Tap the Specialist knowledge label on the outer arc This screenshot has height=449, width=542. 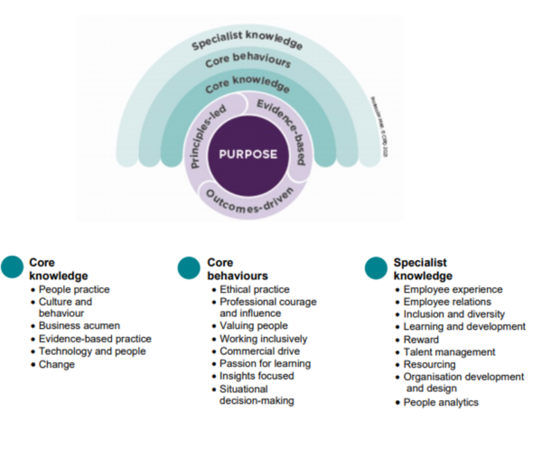coord(247,37)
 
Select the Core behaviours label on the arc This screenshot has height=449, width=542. coord(247,62)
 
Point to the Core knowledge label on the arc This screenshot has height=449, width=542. coord(247,87)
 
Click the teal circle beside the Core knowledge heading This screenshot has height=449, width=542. coord(14,267)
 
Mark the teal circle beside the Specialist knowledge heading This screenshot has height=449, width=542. coord(375,267)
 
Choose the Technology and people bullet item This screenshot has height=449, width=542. coord(88,351)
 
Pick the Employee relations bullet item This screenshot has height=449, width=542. coord(447,301)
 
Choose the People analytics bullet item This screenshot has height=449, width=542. coord(441,402)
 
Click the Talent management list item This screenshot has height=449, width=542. coord(449,351)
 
